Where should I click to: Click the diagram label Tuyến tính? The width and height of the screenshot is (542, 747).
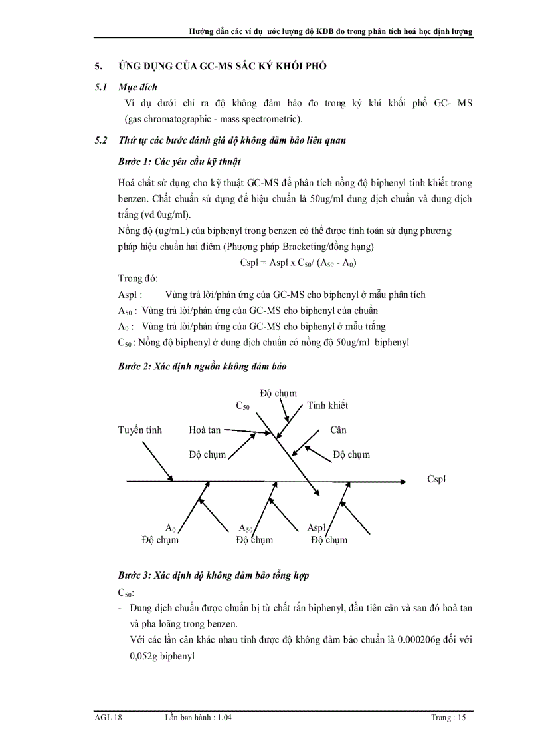point(139,430)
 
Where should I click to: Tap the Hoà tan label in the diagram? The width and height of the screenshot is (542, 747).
point(204,430)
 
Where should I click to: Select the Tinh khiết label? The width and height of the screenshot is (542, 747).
point(327,405)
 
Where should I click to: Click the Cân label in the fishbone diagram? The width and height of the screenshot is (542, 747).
point(338,430)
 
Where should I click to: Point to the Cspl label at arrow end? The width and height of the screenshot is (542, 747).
point(436,479)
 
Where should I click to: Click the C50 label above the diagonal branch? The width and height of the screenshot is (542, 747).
point(242,405)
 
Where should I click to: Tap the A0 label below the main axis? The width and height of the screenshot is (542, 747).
point(170,528)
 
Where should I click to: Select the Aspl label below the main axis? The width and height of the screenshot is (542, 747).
point(317,528)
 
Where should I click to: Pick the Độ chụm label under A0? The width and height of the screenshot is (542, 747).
point(160,540)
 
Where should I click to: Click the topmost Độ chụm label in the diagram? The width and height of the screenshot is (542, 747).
point(278,393)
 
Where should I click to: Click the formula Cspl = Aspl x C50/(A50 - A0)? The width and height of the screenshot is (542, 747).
point(298,263)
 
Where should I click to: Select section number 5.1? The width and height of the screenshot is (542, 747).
point(101,87)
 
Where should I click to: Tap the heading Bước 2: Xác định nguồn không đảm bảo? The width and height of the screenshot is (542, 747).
point(202,366)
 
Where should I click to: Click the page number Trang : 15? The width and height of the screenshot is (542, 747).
point(448,718)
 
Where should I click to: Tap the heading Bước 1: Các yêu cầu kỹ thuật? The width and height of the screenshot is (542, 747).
point(179,162)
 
